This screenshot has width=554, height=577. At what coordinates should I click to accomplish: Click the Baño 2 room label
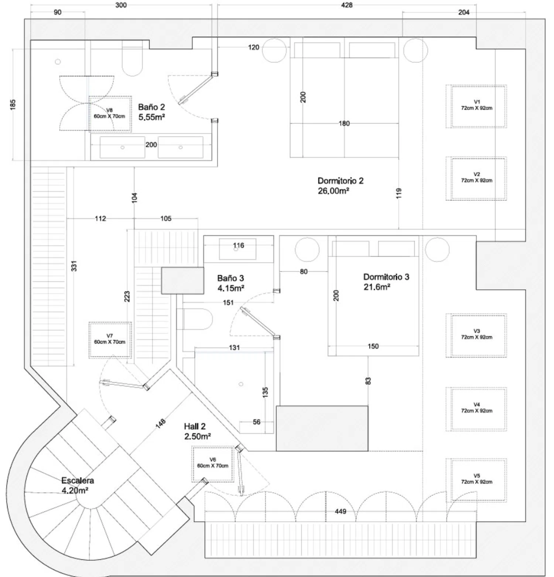(x=151, y=112)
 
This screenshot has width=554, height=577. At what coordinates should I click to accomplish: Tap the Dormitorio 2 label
(x=340, y=185)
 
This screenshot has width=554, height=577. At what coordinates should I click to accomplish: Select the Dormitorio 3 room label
(x=386, y=281)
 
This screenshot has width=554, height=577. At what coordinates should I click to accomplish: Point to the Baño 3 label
(x=230, y=283)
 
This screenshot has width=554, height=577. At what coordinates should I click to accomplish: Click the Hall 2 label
(x=197, y=431)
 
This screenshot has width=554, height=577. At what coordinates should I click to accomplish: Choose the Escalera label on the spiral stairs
(x=77, y=485)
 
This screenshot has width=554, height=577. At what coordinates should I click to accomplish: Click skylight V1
(x=476, y=106)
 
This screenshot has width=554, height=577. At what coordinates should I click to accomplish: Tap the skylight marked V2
(x=476, y=179)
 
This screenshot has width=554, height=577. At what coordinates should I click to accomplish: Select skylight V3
(x=476, y=335)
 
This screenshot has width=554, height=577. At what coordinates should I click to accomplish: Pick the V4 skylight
(x=476, y=409)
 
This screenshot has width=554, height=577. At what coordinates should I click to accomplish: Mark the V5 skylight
(x=476, y=480)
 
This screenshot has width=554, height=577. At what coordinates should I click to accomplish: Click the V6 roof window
(x=213, y=464)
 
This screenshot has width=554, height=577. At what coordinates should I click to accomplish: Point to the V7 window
(x=110, y=340)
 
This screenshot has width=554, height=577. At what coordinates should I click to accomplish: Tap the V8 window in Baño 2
(x=110, y=114)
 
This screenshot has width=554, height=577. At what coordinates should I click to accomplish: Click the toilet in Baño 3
(x=198, y=319)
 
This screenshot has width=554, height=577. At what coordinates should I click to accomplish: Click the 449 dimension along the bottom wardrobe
(x=341, y=511)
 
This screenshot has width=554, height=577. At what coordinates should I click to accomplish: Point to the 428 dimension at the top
(x=346, y=5)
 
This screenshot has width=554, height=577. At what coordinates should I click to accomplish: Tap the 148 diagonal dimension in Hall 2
(x=161, y=424)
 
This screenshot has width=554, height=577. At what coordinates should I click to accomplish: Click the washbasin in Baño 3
(x=237, y=249)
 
